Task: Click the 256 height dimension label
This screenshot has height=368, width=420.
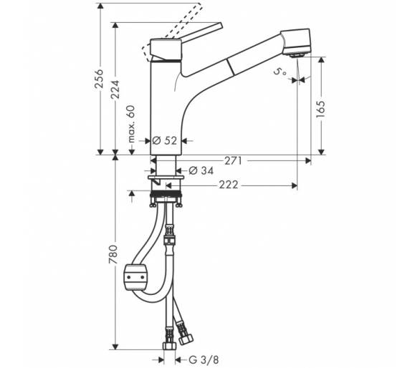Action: coord(100,79)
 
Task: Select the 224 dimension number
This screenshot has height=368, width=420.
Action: coord(115,89)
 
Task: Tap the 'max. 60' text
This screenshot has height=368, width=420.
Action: coord(131,124)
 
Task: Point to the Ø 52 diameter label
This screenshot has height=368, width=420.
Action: coord(165,140)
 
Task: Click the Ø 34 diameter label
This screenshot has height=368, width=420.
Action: coord(201,170)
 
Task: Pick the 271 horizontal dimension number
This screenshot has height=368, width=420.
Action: coord(233,161)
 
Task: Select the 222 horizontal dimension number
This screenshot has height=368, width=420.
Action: coord(229,185)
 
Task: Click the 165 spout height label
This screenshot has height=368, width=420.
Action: coord(320,110)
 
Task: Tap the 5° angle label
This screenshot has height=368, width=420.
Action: coord(280,72)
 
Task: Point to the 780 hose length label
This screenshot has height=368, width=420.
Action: coord(113,254)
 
